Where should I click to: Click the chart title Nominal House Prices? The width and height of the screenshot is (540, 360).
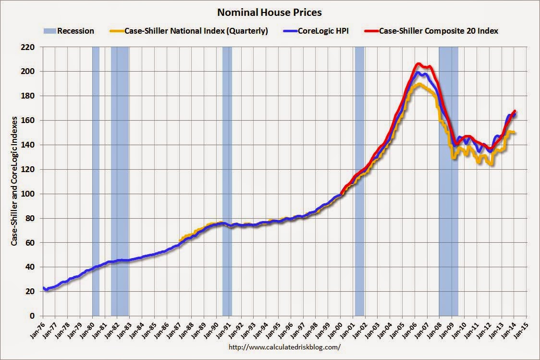pyautogui.click(x=270, y=12)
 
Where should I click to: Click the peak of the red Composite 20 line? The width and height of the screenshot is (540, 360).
pyautogui.click(x=418, y=63)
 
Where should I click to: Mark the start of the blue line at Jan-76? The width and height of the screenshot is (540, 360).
pyautogui.click(x=44, y=287)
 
